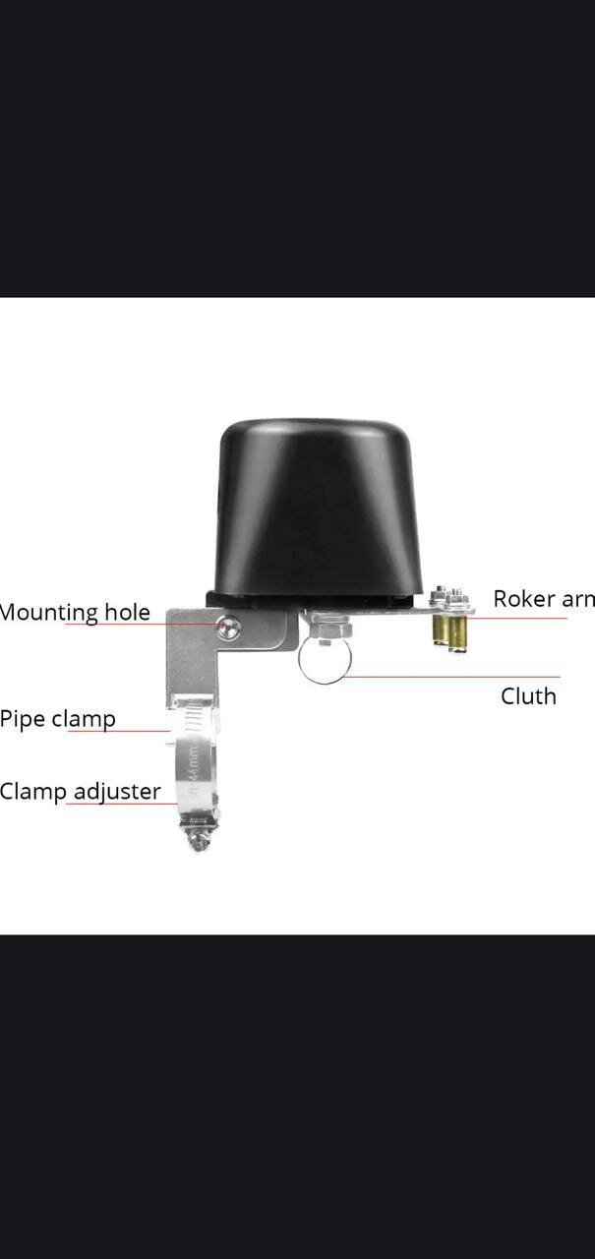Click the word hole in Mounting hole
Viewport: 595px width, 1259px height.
click(127, 612)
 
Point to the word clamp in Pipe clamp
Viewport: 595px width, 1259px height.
click(84, 719)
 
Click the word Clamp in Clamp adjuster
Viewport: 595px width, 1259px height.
click(33, 791)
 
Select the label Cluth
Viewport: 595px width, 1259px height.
click(528, 696)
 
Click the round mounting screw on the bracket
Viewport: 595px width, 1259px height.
click(228, 625)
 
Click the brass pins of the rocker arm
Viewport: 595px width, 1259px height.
click(447, 629)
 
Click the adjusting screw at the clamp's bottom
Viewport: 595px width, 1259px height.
click(199, 838)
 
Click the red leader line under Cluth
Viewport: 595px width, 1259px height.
click(452, 677)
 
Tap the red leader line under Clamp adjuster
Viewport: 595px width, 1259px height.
click(123, 805)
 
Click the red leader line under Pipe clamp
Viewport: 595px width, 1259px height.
click(118, 731)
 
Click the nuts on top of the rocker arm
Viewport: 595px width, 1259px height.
click(447, 596)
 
